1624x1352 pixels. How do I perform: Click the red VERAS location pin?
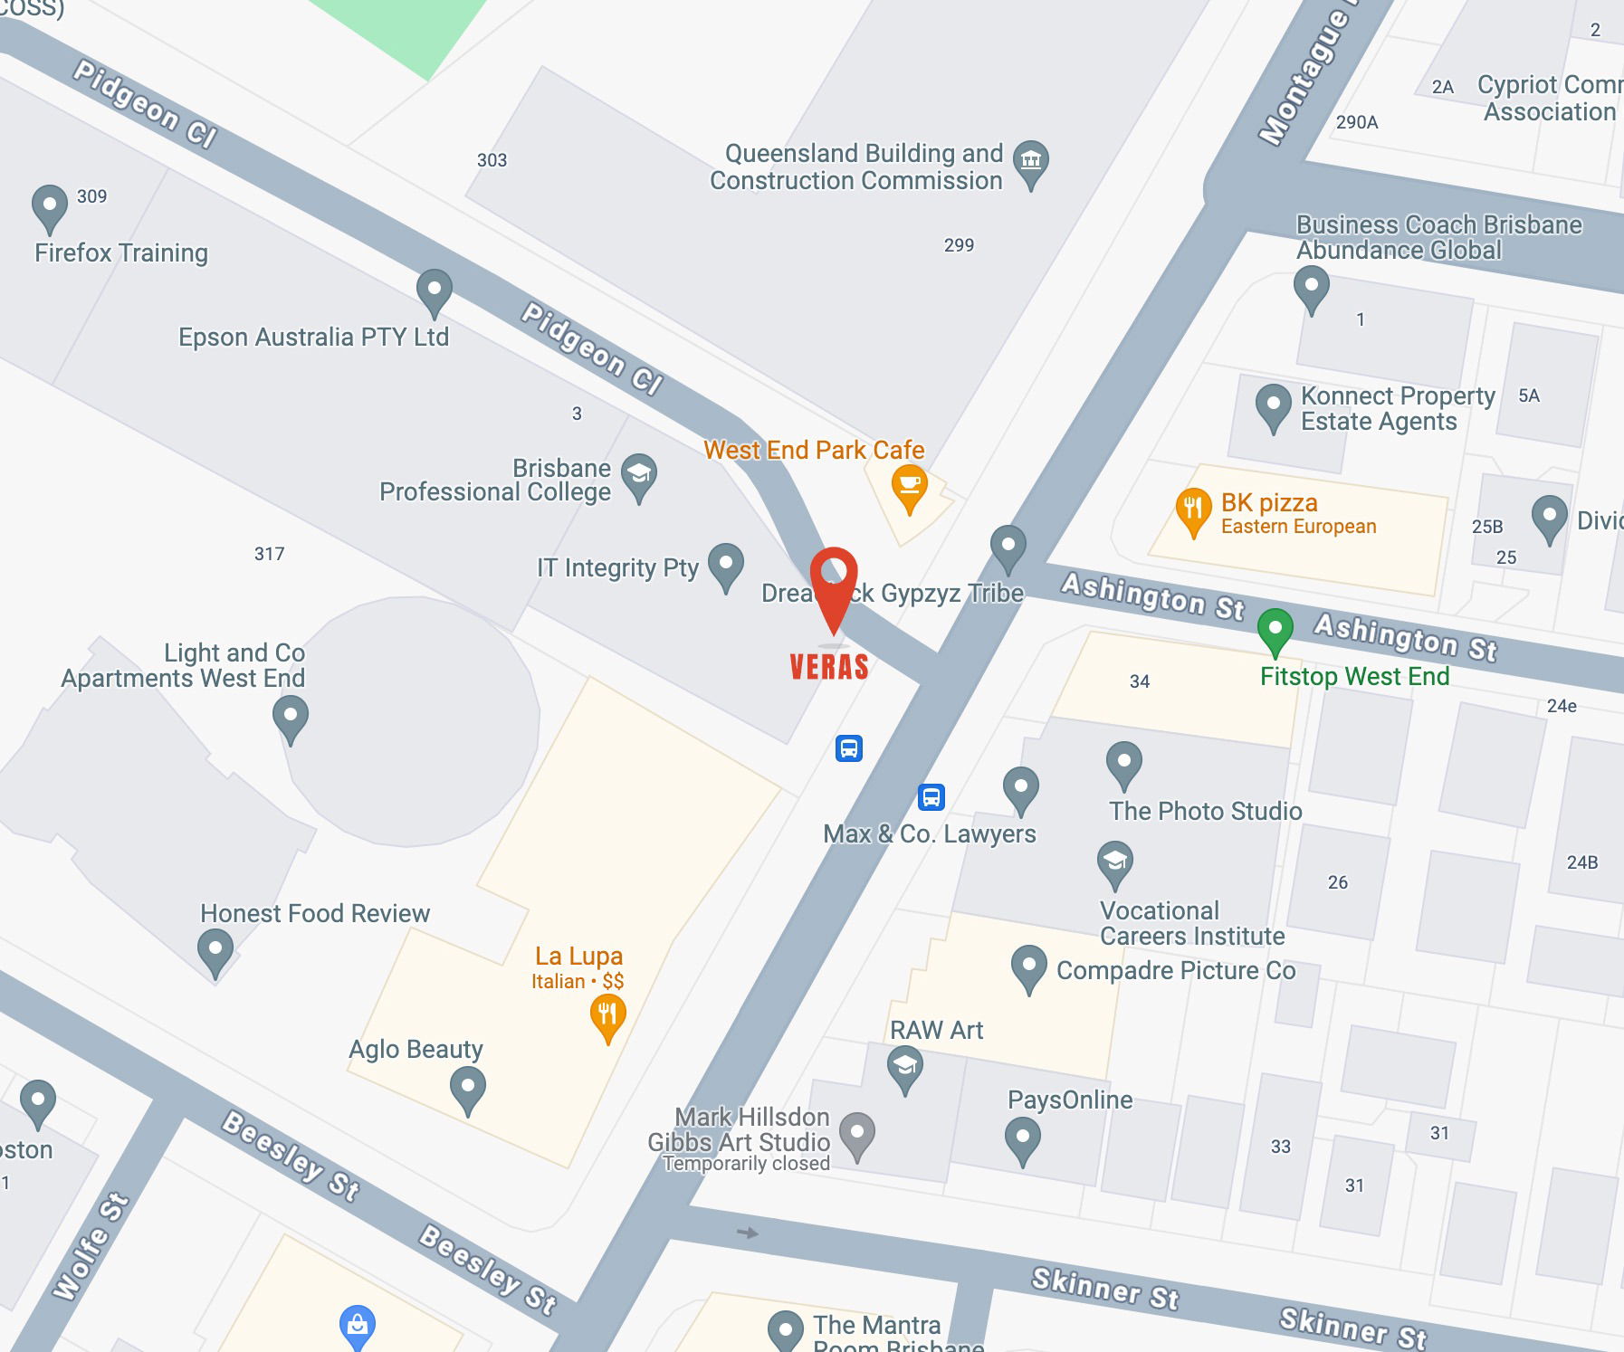833,579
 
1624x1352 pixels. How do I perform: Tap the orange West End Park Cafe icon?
909,485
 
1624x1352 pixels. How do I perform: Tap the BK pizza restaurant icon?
1193,509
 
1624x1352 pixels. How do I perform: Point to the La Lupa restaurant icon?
607,1014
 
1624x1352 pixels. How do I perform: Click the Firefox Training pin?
50,205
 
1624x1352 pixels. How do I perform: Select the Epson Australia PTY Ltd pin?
434,290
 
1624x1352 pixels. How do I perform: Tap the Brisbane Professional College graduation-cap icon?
639,474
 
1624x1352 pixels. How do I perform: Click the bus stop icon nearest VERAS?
848,748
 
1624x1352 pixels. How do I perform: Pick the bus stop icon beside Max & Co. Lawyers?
931,797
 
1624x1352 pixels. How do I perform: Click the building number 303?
492,160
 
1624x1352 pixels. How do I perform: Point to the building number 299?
959,245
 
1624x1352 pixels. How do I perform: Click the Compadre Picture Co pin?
1028,966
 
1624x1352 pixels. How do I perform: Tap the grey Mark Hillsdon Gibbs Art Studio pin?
856,1132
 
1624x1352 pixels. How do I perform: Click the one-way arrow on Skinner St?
748,1233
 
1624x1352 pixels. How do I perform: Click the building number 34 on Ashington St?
1140,681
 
